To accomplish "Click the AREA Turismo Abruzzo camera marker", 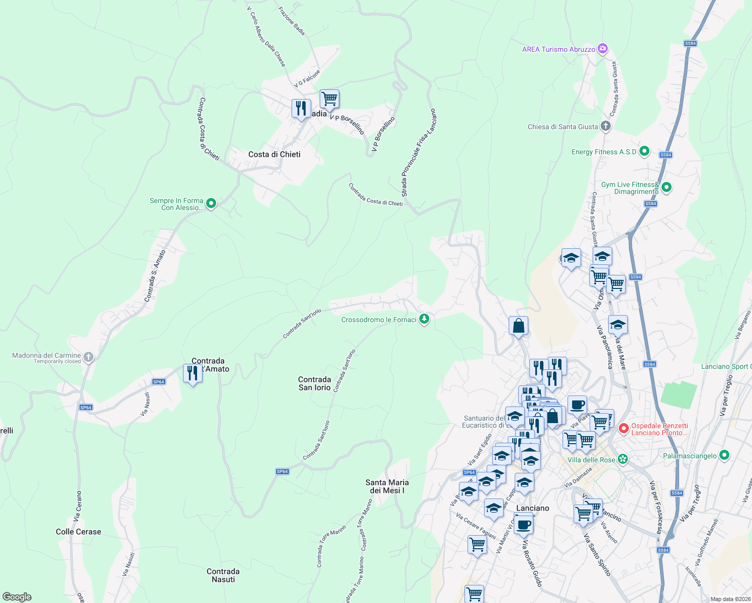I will [603, 49].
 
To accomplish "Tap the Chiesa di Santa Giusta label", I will [562, 127].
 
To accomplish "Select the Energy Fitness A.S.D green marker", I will [644, 151].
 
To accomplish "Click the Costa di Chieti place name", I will [274, 154].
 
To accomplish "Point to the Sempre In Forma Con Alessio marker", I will [211, 204].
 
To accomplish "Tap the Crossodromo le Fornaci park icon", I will [424, 319].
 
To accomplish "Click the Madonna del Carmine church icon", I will [88, 357].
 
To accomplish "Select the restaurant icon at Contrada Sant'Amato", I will [193, 373].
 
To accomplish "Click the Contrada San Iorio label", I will [315, 383].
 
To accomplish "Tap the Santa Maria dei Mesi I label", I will [387, 486].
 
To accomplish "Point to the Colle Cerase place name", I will [78, 532].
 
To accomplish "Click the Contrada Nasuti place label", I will [223, 575].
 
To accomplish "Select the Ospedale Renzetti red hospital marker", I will [624, 429].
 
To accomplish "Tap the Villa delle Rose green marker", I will [623, 459].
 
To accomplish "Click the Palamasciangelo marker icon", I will [724, 455].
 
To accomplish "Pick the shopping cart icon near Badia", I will [329, 98].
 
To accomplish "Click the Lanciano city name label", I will [533, 508].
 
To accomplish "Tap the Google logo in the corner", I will [17, 597].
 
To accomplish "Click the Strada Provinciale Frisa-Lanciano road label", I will [418, 152].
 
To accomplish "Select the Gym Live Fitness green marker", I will [667, 187].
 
